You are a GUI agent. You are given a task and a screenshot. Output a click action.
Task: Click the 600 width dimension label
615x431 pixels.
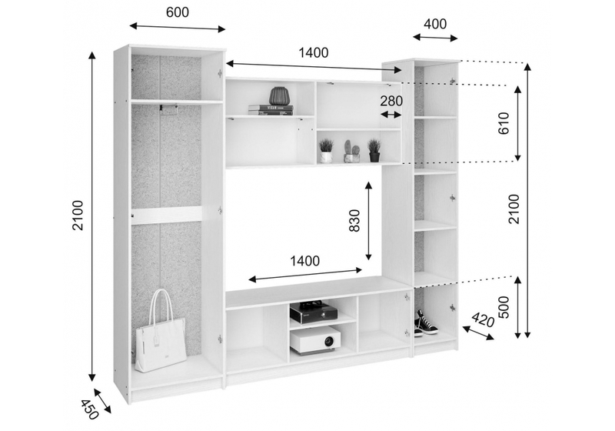click(x=177, y=12)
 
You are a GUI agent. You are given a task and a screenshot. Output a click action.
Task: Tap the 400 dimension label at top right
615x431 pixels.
click(x=434, y=24)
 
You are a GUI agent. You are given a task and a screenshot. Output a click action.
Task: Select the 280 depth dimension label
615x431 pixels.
click(x=391, y=102)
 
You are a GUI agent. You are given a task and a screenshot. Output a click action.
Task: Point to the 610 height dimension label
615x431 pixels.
click(x=504, y=123)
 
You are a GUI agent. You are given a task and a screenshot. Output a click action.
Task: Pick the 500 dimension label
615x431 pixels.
click(x=504, y=308)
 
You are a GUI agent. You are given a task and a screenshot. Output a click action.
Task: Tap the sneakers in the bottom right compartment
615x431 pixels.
click(x=425, y=323)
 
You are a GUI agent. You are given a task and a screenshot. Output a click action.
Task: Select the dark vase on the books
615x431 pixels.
click(x=278, y=96)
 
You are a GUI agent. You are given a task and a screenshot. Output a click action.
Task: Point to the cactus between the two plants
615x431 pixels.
click(x=351, y=150)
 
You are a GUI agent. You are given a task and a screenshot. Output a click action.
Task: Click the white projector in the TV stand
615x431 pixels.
click(x=315, y=339)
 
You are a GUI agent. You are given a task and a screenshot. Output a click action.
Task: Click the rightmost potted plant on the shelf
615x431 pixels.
click(x=374, y=149)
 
